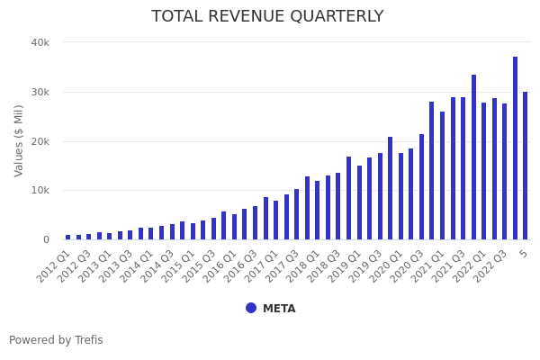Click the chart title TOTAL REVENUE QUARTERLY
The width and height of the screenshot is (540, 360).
267,17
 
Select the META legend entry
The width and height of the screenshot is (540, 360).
278,309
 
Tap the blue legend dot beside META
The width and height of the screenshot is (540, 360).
251,308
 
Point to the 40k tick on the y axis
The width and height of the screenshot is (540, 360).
40,42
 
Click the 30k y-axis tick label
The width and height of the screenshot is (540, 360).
40,92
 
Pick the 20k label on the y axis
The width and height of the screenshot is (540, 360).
40,141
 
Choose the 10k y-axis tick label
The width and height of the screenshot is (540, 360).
40,191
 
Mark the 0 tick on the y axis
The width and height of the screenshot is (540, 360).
44,240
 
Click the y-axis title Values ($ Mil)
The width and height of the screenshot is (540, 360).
19,140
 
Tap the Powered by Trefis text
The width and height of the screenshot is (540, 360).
56,340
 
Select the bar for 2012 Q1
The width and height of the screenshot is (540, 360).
67,237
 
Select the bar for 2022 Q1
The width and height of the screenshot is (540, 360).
484,171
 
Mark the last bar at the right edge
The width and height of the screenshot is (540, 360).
526,166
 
